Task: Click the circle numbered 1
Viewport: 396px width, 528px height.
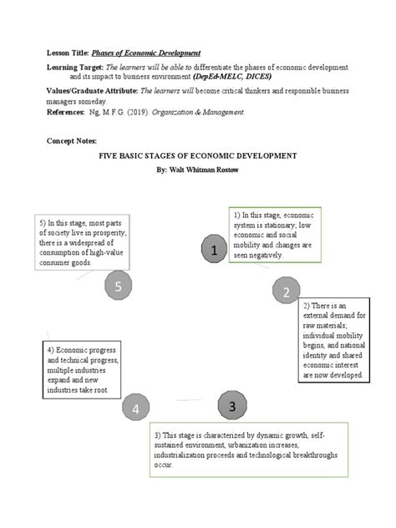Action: coord(215,250)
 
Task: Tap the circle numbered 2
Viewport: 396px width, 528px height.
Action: coord(286,292)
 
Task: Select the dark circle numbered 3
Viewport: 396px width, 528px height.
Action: coord(233,406)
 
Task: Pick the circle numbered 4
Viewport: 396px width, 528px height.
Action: coord(135,409)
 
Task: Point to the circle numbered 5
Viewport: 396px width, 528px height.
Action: coord(119,287)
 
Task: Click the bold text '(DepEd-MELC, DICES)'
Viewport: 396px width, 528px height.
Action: coord(258,75)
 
